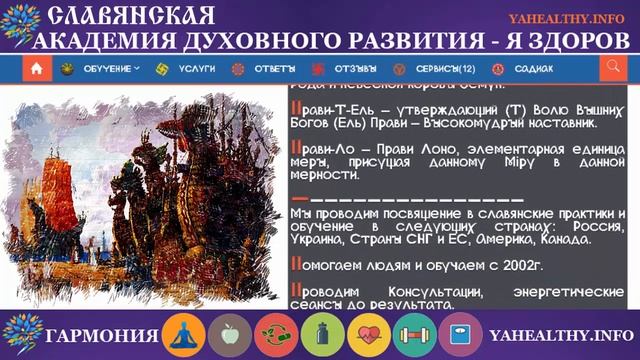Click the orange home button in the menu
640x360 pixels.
tap(37, 69)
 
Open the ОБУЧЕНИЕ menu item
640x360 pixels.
tap(111, 69)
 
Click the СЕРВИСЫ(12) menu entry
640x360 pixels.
tap(440, 69)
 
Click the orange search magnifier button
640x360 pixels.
tap(612, 68)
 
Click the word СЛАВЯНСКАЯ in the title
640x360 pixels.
tap(131, 16)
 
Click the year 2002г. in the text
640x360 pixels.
tap(517, 265)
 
